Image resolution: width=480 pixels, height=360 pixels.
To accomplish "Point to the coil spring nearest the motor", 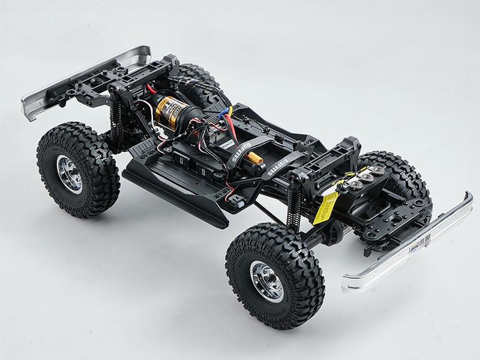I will click(x=117, y=120).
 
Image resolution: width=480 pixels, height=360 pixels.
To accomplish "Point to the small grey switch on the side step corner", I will click(x=237, y=203).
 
